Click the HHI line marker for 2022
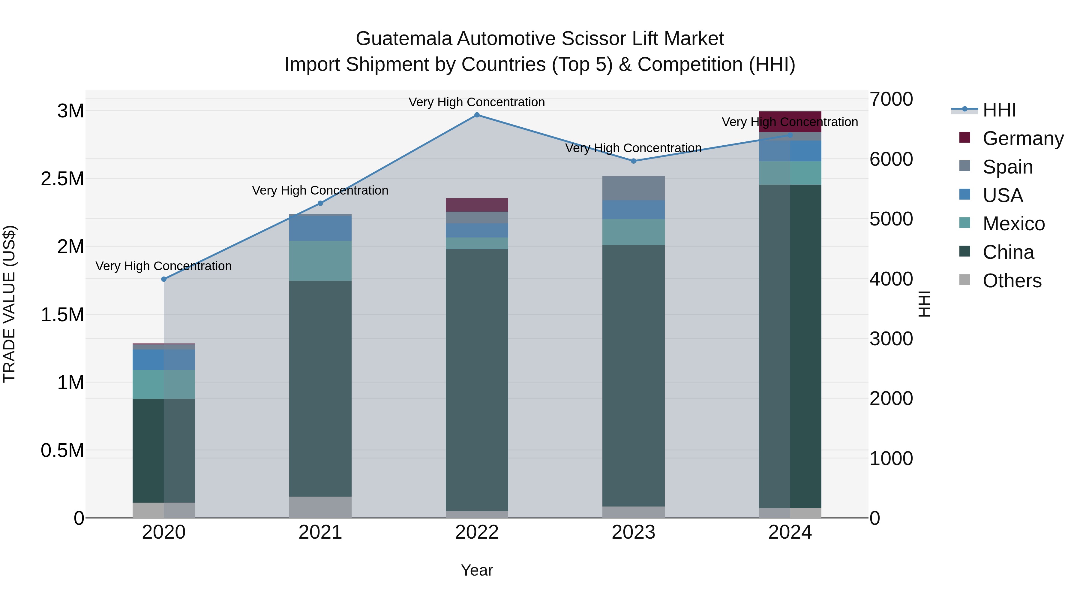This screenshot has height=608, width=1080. pyautogui.click(x=477, y=115)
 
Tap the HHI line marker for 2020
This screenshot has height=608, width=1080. pyautogui.click(x=164, y=279)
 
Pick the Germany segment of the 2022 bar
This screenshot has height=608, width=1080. pyautogui.click(x=477, y=205)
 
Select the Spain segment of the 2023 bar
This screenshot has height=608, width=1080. pyautogui.click(x=634, y=188)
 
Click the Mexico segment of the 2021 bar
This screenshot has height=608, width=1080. pyautogui.click(x=320, y=261)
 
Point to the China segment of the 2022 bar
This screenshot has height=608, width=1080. pyautogui.click(x=477, y=380)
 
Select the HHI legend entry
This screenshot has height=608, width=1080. pyautogui.click(x=999, y=110)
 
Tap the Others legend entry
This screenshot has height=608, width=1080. pyautogui.click(x=1011, y=281)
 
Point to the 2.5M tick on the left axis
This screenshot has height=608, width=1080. pyautogui.click(x=62, y=179)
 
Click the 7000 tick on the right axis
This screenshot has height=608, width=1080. pyautogui.click(x=891, y=99)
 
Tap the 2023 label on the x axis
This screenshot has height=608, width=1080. pyautogui.click(x=634, y=532)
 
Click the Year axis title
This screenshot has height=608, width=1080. pyautogui.click(x=477, y=570)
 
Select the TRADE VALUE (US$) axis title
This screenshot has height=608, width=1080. pyautogui.click(x=9, y=304)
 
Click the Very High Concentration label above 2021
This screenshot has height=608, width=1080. pyautogui.click(x=320, y=190)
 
